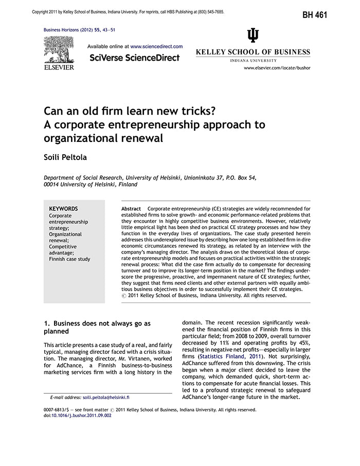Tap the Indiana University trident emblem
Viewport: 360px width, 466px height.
click(253, 35)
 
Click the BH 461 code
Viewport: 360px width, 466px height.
click(314, 14)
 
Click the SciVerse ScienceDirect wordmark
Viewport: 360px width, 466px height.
click(134, 58)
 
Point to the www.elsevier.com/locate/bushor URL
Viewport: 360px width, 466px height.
click(277, 68)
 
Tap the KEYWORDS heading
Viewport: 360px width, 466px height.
click(63, 208)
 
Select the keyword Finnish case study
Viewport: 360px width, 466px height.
click(69, 259)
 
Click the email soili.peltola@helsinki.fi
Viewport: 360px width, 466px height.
click(106, 398)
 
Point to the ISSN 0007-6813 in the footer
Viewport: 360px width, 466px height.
click(58, 410)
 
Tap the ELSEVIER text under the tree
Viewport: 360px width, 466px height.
click(59, 67)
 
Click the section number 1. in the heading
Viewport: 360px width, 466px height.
click(46, 324)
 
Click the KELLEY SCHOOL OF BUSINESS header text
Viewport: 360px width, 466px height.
click(253, 52)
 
